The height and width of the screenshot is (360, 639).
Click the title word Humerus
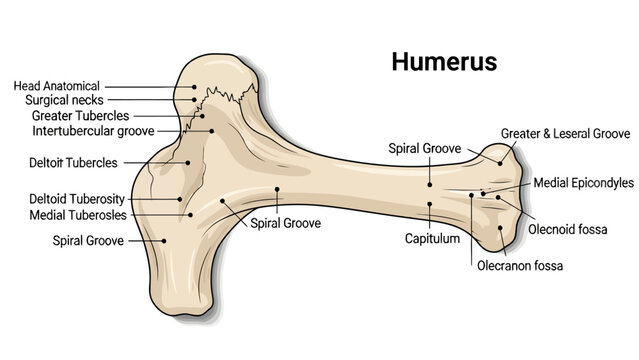pos(443,62)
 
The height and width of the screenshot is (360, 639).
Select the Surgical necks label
pos(64,100)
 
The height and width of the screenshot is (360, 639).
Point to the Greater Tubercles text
pos(74,115)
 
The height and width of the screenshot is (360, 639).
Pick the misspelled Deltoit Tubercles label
pos(73,162)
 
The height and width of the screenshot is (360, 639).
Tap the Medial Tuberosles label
pos(77,214)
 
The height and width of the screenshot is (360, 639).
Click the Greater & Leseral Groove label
pos(564,132)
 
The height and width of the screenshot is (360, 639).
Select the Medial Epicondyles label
pos(584,183)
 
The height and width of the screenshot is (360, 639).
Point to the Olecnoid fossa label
pos(568,229)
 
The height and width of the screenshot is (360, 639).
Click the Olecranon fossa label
pos(520,266)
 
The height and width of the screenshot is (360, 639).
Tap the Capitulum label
pos(432,239)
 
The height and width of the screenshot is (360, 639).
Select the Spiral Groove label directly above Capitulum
pos(424,148)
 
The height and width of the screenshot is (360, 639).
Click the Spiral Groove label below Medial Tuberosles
pos(87,240)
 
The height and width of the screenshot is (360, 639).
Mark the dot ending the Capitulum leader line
pos(430,205)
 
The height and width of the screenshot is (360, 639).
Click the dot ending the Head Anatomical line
pos(194,87)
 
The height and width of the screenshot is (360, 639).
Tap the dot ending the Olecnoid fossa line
pos(498,198)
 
